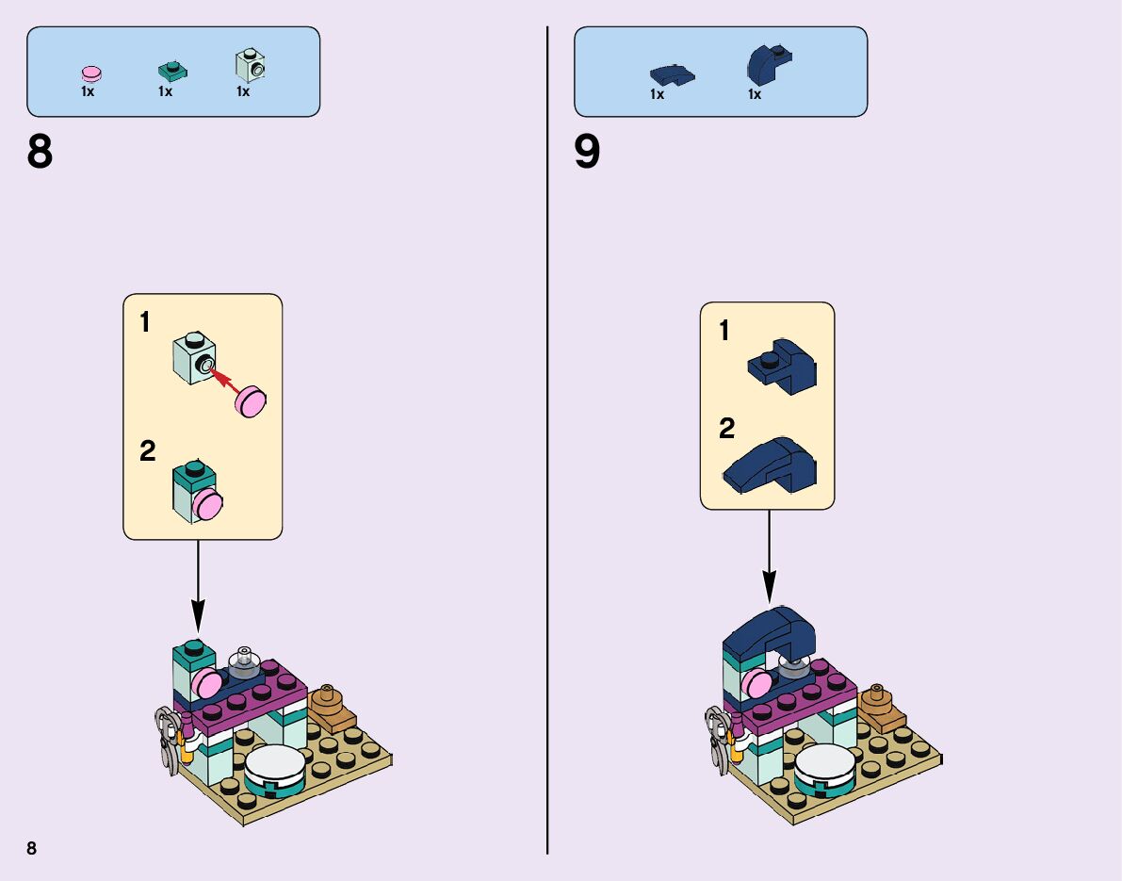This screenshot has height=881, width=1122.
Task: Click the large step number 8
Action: point(40,153)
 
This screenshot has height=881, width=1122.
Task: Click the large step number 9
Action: point(587,153)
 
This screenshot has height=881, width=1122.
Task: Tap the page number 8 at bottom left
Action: point(31,848)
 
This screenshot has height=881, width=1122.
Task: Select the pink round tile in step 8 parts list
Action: point(91,73)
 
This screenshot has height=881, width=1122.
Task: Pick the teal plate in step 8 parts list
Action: point(170,71)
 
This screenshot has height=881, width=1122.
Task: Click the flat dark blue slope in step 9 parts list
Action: point(672,73)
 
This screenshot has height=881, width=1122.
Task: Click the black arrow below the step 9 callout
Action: point(769,556)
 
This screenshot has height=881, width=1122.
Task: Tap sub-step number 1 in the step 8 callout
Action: point(145,323)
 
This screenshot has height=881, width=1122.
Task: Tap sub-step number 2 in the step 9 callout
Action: point(726,430)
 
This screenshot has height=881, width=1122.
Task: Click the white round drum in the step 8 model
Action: point(275,765)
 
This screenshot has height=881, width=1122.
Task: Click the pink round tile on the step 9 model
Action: point(756,682)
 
